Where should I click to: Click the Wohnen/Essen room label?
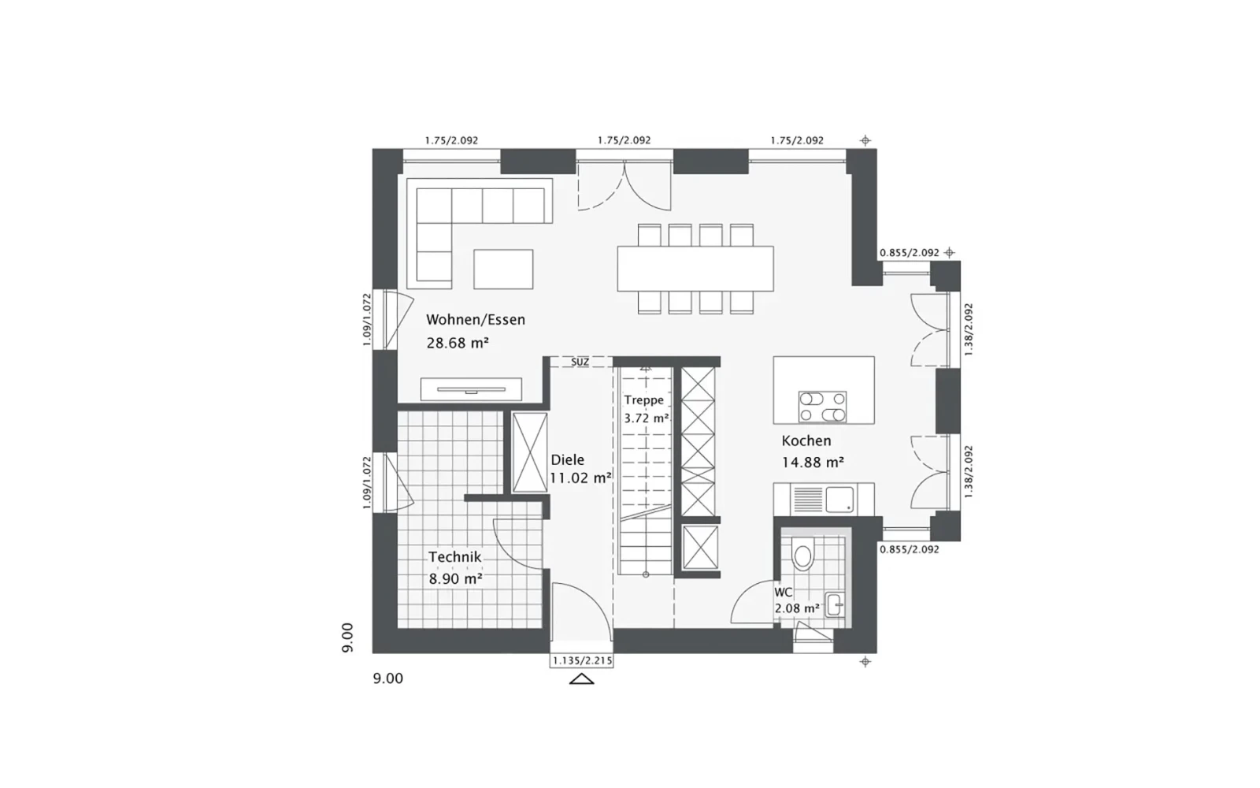pos(476,320)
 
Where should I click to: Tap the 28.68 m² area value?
pos(458,343)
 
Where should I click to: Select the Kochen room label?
pos(806,440)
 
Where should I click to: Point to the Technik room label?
pos(454,557)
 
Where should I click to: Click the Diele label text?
pos(568,460)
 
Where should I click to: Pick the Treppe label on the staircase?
pos(644,400)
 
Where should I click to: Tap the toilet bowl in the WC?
pos(802,552)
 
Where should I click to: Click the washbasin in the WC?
pos(836,605)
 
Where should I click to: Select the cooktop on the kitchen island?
pos(822,407)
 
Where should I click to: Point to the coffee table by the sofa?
pos(503,269)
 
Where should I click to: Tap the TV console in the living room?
pos(472,389)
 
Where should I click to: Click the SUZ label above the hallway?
pos(580,362)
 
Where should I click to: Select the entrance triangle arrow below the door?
pos(582,678)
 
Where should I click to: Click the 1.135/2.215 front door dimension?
pos(582,661)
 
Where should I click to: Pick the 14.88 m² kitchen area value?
pos(813,462)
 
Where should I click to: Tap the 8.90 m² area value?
pos(456,578)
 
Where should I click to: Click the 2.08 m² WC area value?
pos(797,608)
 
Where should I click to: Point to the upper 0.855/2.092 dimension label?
pos(910,253)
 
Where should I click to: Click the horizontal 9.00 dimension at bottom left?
pos(388,678)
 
